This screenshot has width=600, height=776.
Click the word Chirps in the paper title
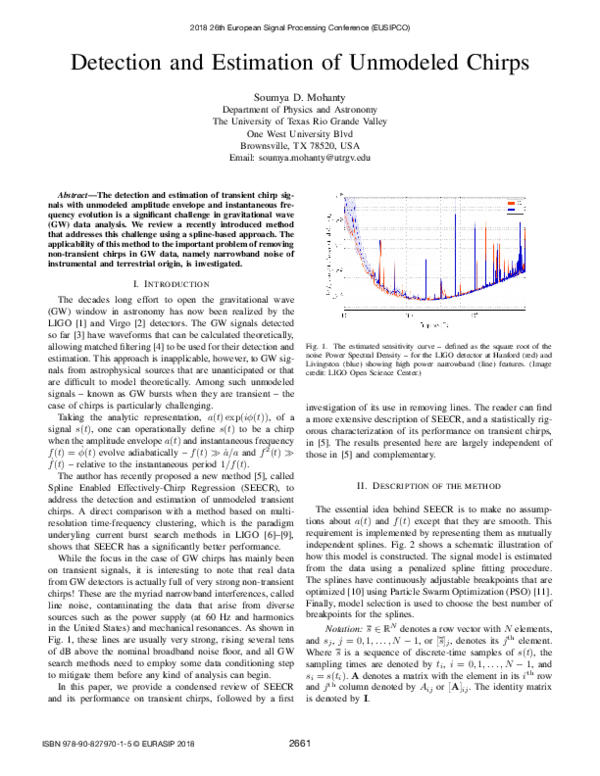pyautogui.click(x=488, y=61)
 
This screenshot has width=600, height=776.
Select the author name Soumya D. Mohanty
pyautogui.click(x=300, y=95)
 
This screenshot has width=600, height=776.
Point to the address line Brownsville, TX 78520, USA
pyautogui.click(x=300, y=145)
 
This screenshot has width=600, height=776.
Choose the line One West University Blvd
pyautogui.click(x=300, y=133)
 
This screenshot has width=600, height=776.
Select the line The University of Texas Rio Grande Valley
pyautogui.click(x=300, y=120)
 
